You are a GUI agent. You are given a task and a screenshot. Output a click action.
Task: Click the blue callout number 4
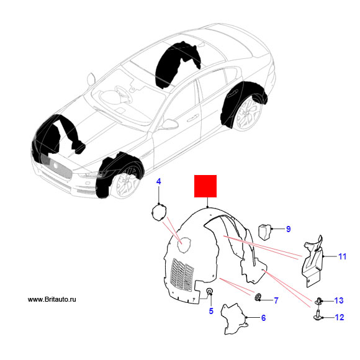pyautogui.click(x=158, y=182)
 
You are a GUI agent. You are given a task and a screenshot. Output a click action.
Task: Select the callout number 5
pyautogui.click(x=211, y=311)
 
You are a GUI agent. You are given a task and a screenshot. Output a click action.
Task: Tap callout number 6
pyautogui.click(x=263, y=318)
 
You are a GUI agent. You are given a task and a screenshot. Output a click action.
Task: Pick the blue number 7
pyautogui.click(x=276, y=300)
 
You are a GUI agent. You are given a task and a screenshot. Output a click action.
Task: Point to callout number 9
pyautogui.click(x=289, y=229)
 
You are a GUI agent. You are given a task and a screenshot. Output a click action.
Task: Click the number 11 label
pyautogui.click(x=343, y=256)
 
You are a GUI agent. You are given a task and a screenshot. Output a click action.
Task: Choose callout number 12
pyautogui.click(x=340, y=317)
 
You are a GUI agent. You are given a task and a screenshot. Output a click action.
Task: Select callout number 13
pyautogui.click(x=339, y=300)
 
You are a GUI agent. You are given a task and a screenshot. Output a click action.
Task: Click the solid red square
pyautogui.click(x=205, y=186)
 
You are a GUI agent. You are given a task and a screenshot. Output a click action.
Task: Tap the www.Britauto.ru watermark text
pyautogui.click(x=52, y=299)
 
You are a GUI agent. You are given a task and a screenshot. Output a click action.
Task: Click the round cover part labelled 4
pyautogui.click(x=159, y=212)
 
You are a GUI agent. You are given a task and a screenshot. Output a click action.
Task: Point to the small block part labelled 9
pyautogui.click(x=265, y=232)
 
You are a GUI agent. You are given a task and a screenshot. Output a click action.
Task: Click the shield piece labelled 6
pyautogui.click(x=234, y=319)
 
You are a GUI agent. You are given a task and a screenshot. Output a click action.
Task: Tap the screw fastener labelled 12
pyautogui.click(x=318, y=315)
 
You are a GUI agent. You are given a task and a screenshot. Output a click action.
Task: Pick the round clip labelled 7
pyautogui.click(x=258, y=297)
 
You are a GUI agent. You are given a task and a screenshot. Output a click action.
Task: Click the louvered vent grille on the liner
pyautogui.click(x=182, y=276)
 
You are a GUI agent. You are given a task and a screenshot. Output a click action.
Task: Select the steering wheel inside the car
pyautogui.click(x=122, y=93)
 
